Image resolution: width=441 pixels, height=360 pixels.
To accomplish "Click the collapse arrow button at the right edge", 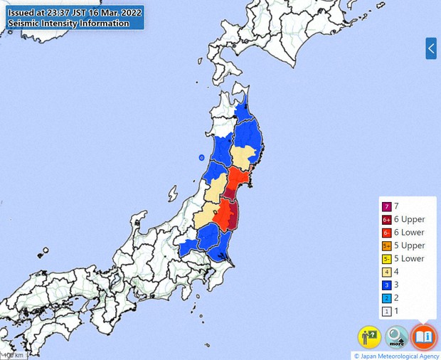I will [x=431, y=49].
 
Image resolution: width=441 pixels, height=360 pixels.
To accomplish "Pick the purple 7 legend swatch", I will [x=386, y=206].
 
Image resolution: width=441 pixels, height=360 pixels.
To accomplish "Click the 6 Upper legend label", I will [x=409, y=219].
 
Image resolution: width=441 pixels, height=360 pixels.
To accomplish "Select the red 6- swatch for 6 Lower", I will [x=386, y=233].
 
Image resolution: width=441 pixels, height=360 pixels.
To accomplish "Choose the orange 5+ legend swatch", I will [x=386, y=245].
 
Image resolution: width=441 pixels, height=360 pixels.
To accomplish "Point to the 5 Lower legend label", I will [x=409, y=258].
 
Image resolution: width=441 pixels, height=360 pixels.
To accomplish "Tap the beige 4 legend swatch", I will [x=386, y=272].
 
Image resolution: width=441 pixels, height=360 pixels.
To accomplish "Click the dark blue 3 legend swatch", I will [x=386, y=285].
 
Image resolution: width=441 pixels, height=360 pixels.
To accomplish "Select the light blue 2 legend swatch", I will [x=386, y=297].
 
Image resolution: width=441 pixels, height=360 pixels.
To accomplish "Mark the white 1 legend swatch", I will [x=386, y=311].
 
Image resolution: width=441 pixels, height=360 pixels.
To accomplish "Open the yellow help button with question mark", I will [x=369, y=336].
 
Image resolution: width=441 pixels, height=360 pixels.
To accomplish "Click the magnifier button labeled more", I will [x=397, y=336].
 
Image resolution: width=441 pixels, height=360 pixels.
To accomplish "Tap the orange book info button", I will [x=424, y=336].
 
